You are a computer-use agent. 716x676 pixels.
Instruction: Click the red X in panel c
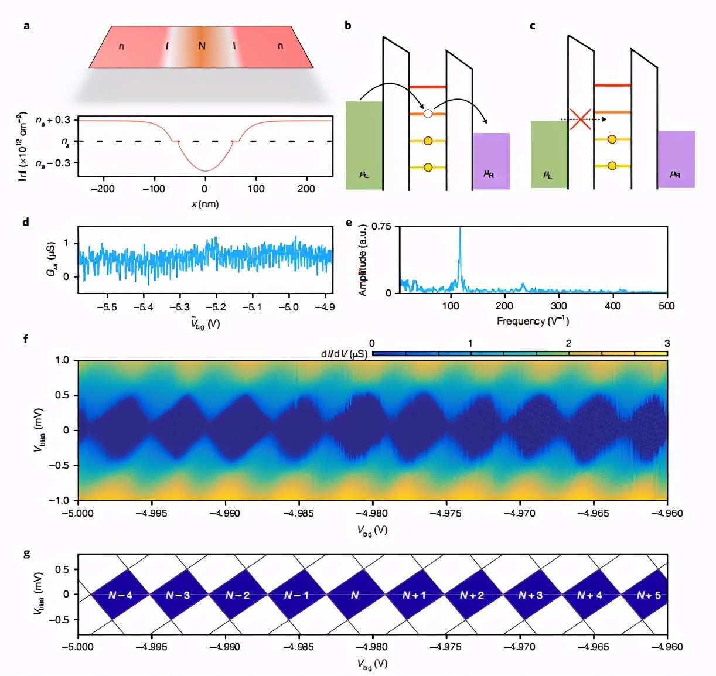(580, 120)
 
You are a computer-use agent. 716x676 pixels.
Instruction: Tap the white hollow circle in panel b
(428, 114)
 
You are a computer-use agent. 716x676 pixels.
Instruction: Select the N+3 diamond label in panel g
(530, 595)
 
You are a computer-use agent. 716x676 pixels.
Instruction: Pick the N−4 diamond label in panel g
(120, 595)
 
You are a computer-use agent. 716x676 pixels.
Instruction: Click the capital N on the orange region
(202, 46)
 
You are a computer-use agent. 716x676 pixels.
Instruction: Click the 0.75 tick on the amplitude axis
(381, 227)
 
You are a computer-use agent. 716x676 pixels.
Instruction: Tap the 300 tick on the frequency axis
(558, 306)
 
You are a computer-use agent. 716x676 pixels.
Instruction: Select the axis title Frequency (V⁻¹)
(533, 321)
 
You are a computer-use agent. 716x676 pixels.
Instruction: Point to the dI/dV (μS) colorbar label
(344, 354)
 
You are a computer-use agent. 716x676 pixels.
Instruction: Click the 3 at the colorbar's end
(667, 344)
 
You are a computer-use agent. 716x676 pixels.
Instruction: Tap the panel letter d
(26, 222)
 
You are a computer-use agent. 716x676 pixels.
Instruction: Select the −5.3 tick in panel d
(179, 307)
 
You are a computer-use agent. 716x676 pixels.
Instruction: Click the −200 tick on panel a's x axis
(103, 189)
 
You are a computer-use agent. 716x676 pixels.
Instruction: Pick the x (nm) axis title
(204, 204)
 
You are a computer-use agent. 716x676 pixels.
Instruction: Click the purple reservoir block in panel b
(491, 161)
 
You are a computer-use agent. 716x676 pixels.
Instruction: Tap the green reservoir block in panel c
(549, 154)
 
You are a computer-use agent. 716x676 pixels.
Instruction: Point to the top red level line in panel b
(427, 87)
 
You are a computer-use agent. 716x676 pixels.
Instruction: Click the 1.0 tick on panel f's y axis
(62, 360)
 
